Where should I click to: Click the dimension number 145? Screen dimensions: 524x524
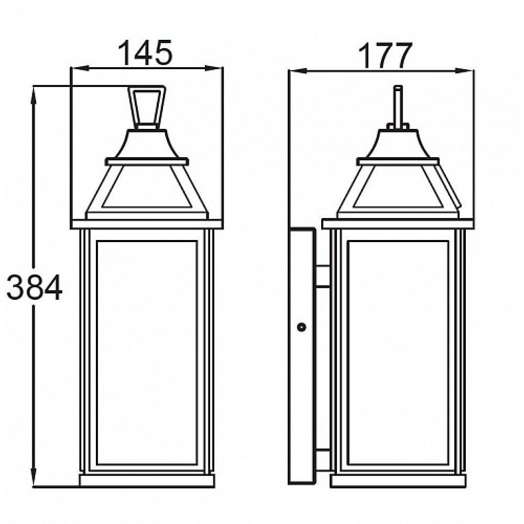pyautogui.click(x=145, y=53)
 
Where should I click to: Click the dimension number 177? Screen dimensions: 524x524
pyautogui.click(x=385, y=56)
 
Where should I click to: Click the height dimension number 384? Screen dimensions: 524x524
pyautogui.click(x=35, y=287)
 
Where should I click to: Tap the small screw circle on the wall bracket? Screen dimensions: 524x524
pyautogui.click(x=301, y=327)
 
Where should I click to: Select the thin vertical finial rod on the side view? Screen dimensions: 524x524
pyautogui.click(x=398, y=106)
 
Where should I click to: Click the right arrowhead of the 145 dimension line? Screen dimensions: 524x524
pyautogui.click(x=214, y=68)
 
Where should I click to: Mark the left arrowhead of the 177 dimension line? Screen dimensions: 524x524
pyautogui.click(x=298, y=71)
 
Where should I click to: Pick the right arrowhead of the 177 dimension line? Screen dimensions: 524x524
pyautogui.click(x=465, y=71)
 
